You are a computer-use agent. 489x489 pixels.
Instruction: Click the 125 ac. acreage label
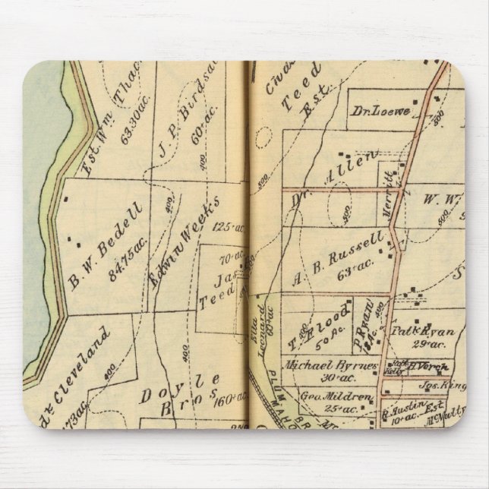pos(226,227)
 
